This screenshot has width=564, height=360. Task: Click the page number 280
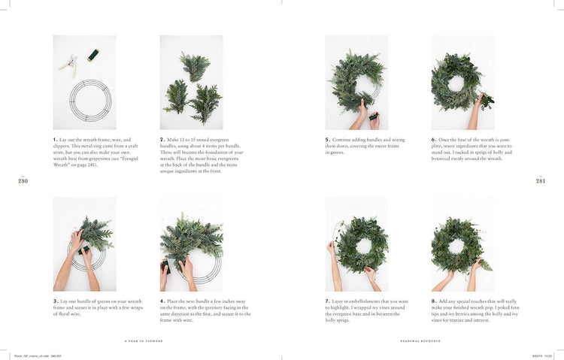(23, 180)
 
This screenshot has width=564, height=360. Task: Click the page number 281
(540, 180)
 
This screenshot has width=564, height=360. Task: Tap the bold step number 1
(56, 140)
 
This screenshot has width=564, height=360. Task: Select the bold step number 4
(162, 301)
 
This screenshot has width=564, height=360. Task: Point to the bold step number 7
(328, 301)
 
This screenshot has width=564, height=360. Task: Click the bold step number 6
(434, 140)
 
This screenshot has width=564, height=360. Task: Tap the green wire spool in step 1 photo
(92, 55)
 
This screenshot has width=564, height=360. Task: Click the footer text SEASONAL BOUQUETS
(420, 340)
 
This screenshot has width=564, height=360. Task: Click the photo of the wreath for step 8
(462, 244)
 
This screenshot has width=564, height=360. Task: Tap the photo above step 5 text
(356, 82)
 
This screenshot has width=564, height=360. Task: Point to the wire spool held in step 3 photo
(85, 249)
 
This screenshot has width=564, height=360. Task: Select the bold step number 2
(162, 140)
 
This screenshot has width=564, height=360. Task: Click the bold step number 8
(434, 301)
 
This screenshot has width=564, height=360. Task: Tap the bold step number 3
(56, 301)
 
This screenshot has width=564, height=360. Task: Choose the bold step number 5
(328, 140)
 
